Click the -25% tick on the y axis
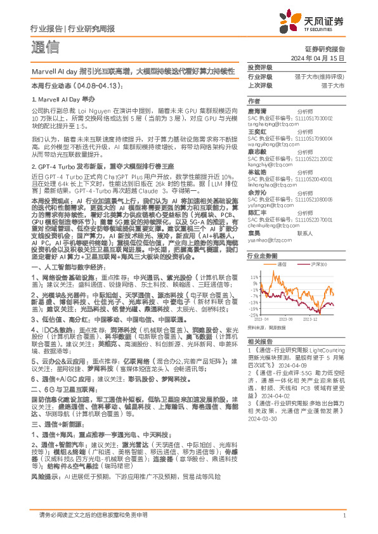click(253, 315)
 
